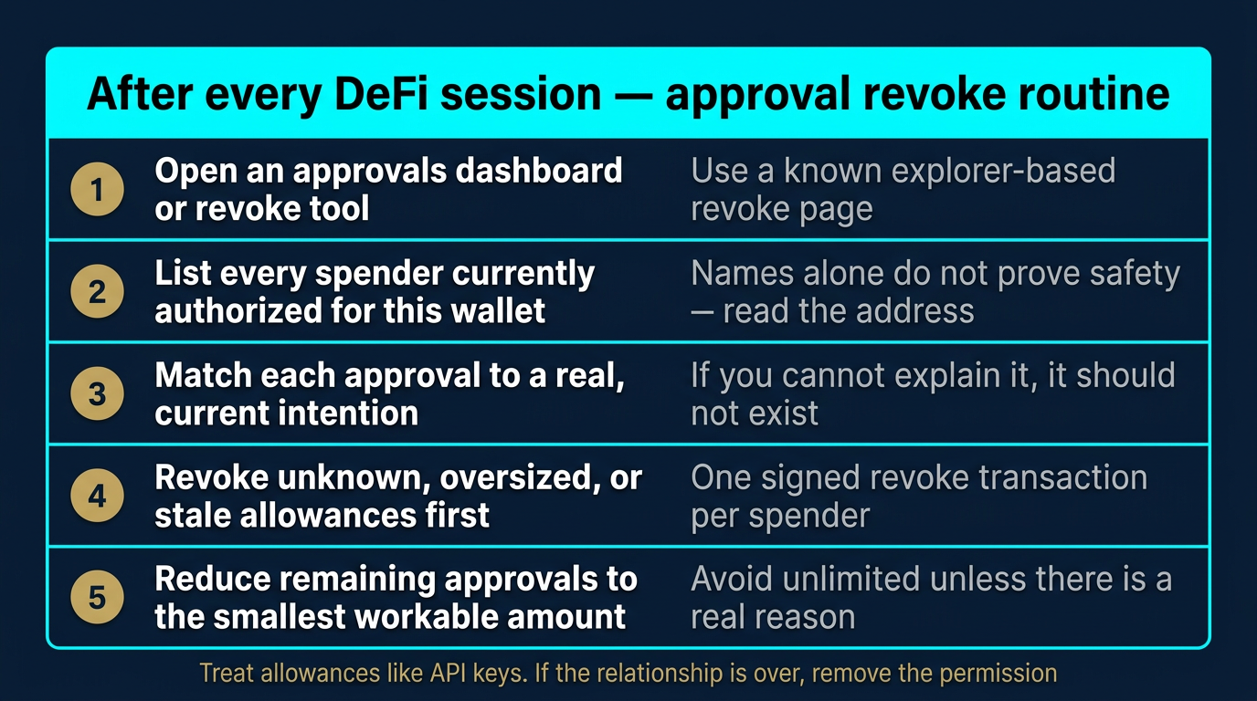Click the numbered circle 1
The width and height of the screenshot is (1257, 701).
pos(97,190)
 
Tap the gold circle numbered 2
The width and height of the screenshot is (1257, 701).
pos(97,292)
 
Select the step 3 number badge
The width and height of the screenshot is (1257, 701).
pos(97,394)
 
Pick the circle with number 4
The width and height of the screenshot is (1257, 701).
pos(97,497)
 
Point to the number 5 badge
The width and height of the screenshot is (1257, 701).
pos(97,599)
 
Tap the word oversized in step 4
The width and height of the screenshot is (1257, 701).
pos(506,477)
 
